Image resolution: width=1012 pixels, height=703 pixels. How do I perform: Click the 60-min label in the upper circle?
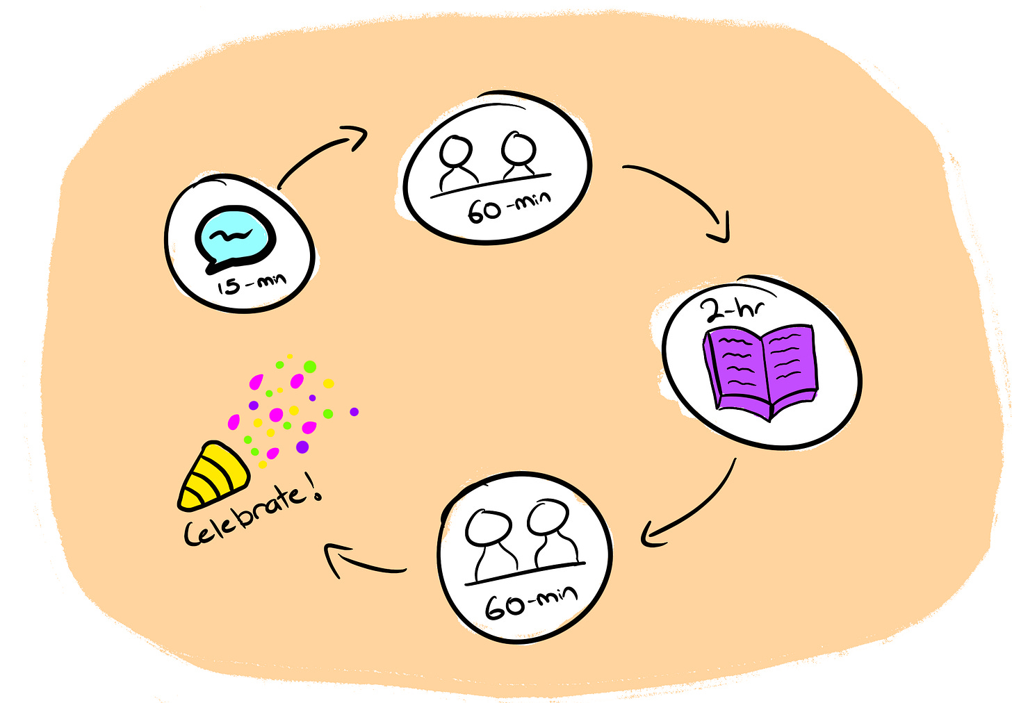pyautogui.click(x=508, y=206)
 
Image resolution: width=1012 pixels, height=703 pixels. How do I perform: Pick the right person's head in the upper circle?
pyautogui.click(x=519, y=147)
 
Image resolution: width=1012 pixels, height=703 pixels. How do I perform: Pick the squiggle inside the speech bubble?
pyautogui.click(x=229, y=234)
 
